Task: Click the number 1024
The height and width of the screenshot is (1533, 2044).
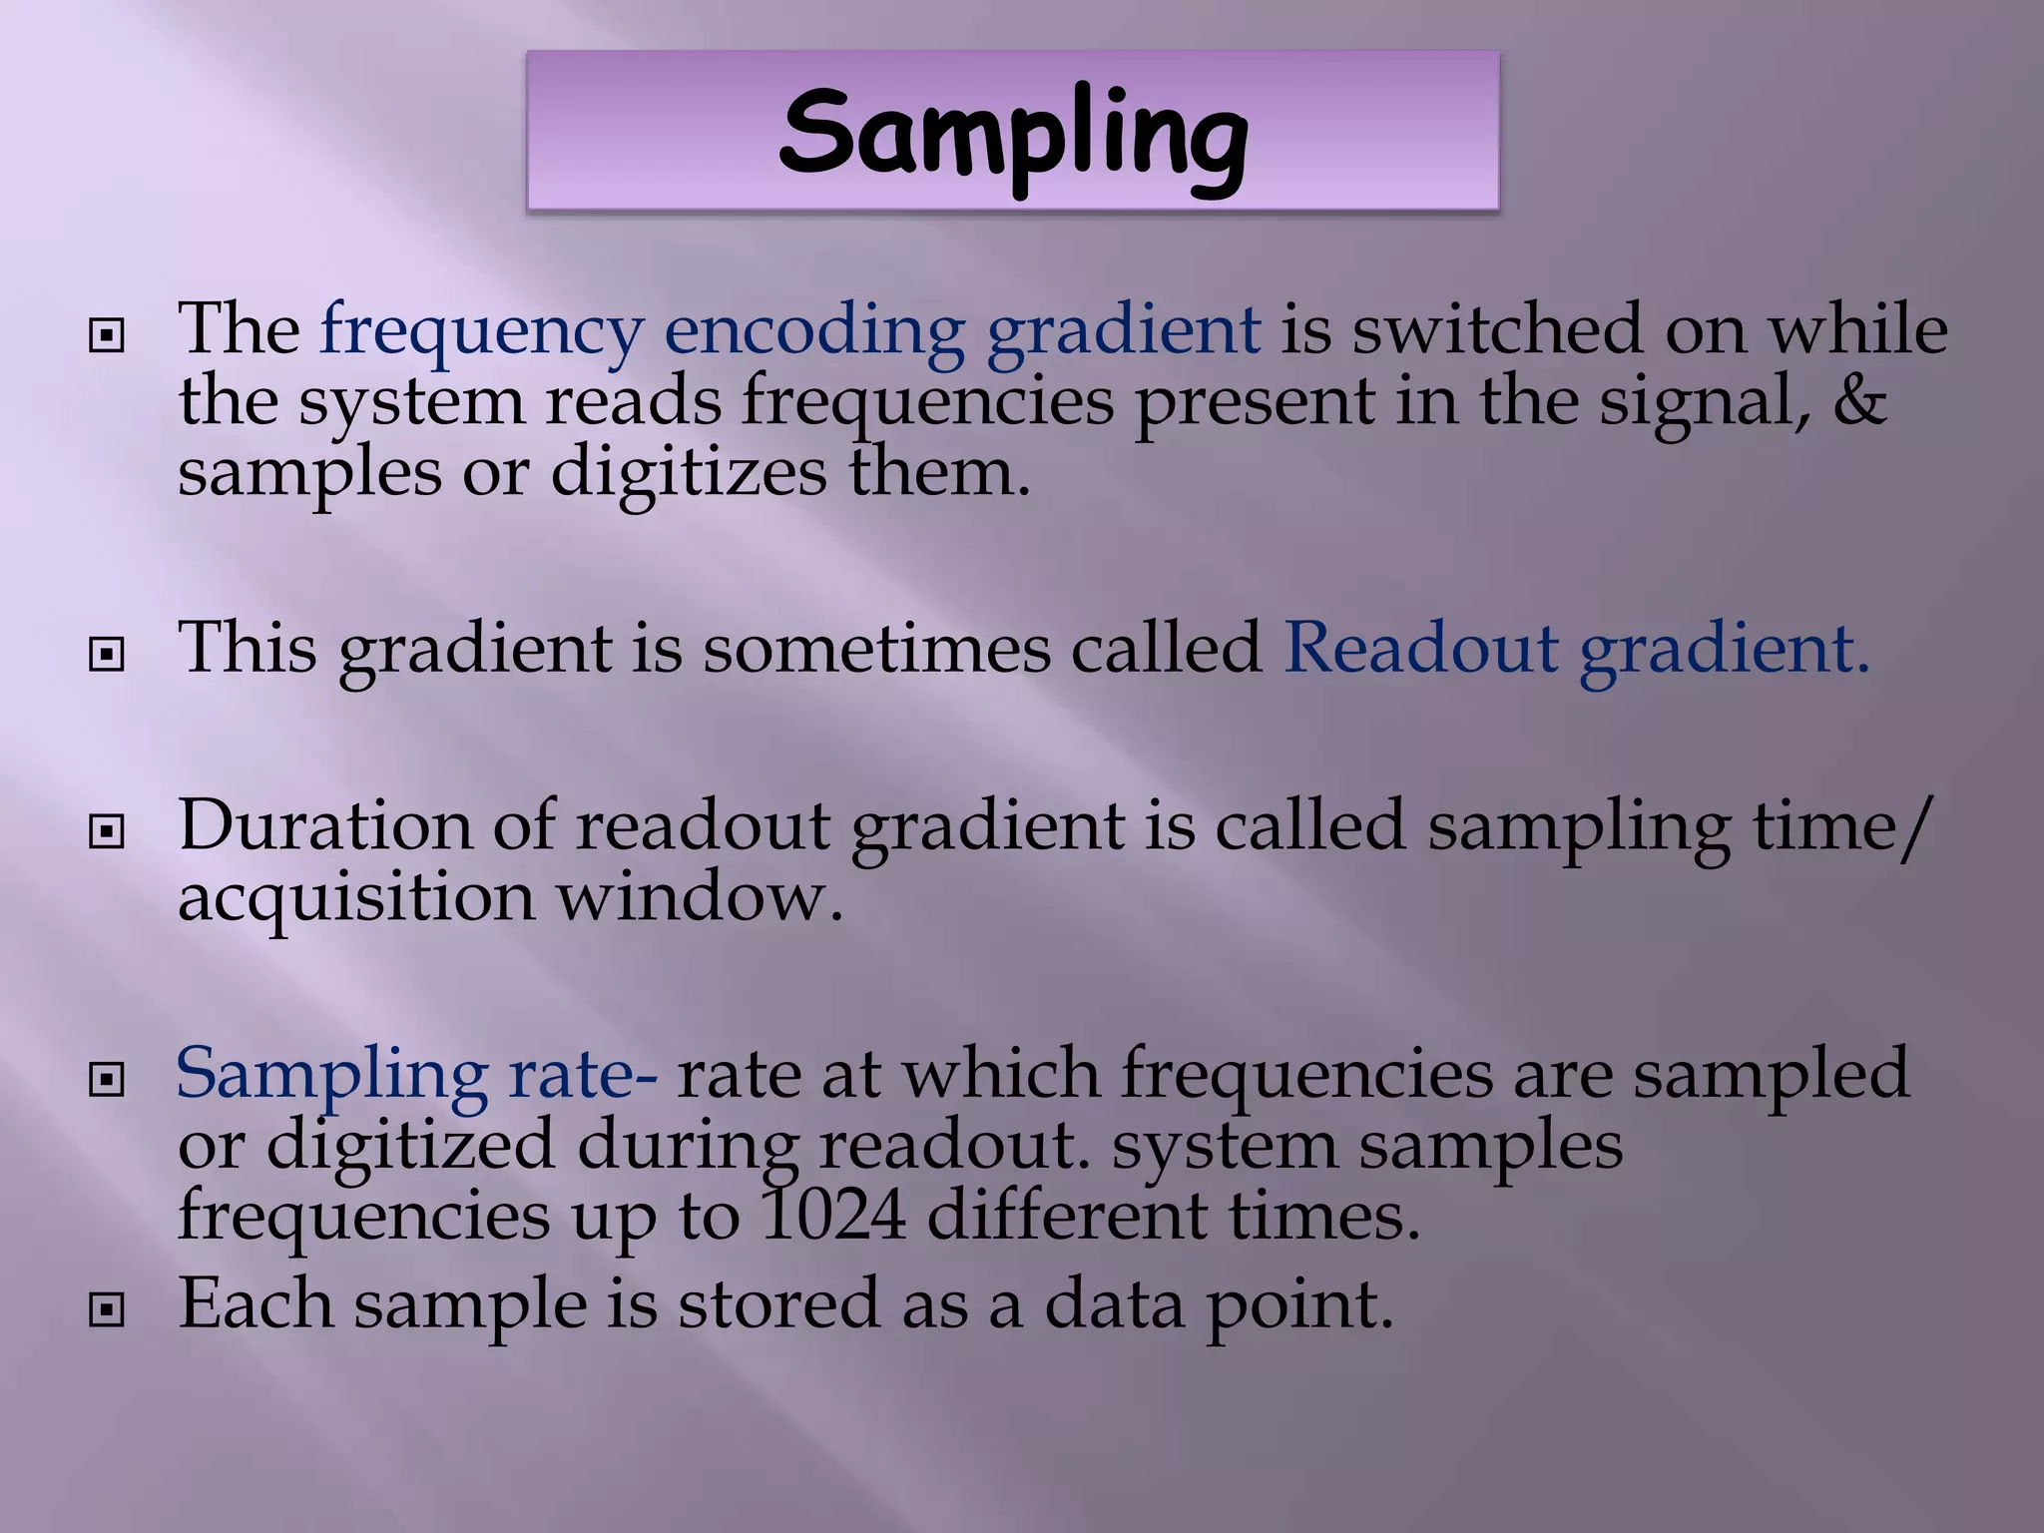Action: pyautogui.click(x=833, y=1216)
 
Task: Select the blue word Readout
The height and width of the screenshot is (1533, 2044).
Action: pyautogui.click(x=1420, y=649)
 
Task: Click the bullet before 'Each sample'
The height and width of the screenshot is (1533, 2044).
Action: pyautogui.click(x=107, y=1309)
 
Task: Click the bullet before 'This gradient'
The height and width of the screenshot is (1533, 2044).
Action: pyautogui.click(x=107, y=655)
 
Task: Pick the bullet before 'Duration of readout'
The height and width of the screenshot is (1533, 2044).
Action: pyautogui.click(x=107, y=831)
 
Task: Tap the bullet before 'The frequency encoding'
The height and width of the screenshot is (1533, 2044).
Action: pyautogui.click(x=107, y=336)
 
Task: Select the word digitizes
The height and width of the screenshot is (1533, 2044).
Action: pyautogui.click(x=689, y=472)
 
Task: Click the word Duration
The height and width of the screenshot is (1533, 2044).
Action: pyautogui.click(x=324, y=826)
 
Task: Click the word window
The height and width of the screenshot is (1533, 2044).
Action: pyautogui.click(x=699, y=897)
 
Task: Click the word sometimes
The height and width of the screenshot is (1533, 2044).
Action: pyautogui.click(x=876, y=649)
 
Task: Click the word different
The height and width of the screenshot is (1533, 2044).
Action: pyautogui.click(x=1066, y=1216)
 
